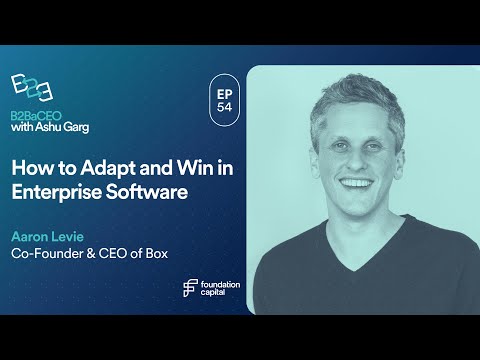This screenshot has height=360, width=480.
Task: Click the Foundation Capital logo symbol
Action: pos(190,288)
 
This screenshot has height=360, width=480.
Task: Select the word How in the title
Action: pos(26,171)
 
